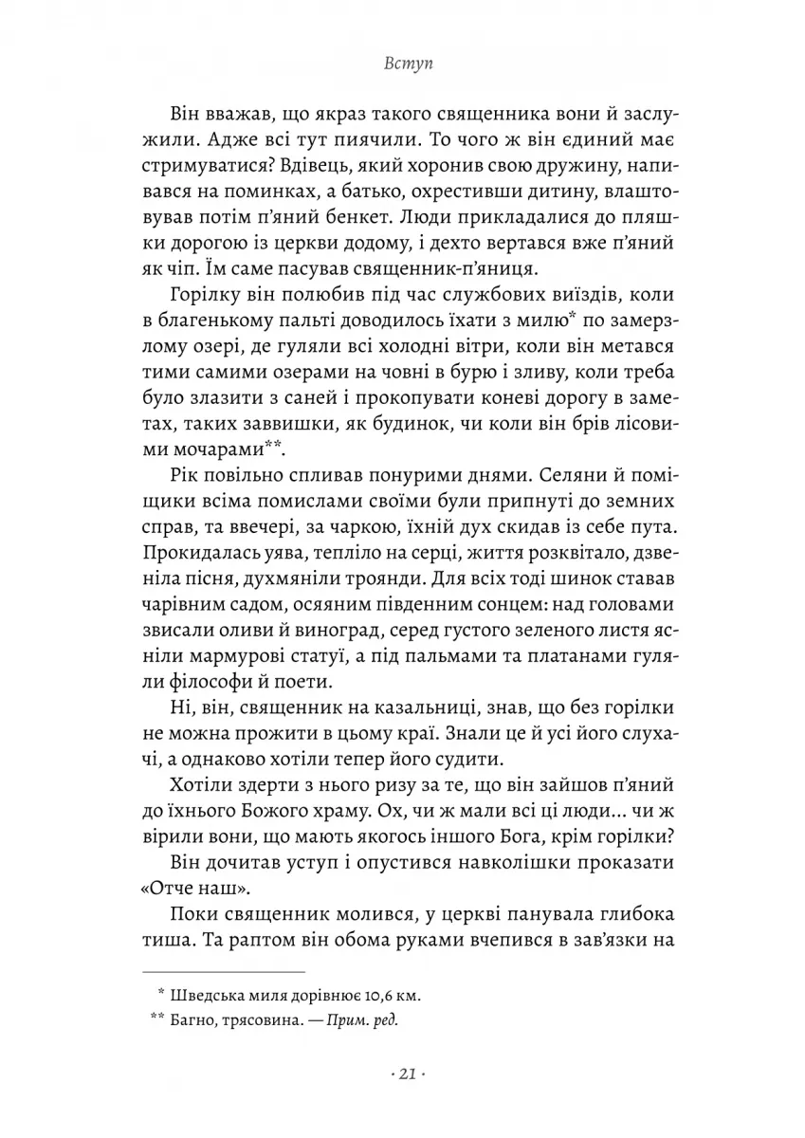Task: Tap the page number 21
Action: click(x=402, y=1074)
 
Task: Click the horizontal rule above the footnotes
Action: click(x=223, y=972)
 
